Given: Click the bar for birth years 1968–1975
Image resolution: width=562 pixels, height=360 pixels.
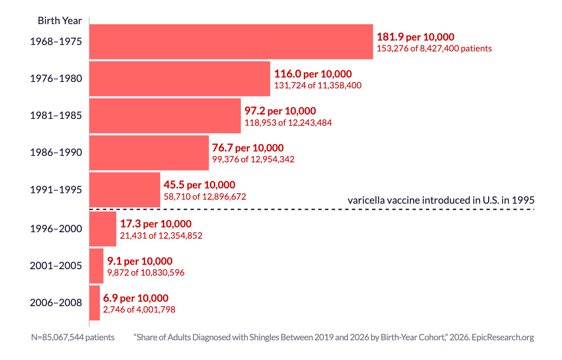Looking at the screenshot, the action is [x=231, y=42].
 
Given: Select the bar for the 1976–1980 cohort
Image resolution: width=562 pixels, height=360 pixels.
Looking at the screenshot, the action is [x=180, y=79].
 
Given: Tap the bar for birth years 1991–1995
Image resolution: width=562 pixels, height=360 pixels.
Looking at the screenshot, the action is [x=125, y=190].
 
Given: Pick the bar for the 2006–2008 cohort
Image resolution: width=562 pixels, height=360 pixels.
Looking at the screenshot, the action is [x=95, y=303].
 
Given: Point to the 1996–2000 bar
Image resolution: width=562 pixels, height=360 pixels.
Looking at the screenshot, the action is [x=103, y=229].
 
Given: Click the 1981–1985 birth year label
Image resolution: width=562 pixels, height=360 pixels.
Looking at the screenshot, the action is [x=56, y=115].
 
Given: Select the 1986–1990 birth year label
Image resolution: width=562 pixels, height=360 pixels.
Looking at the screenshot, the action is [x=56, y=152].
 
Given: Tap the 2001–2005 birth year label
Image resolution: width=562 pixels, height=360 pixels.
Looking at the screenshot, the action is [x=56, y=266].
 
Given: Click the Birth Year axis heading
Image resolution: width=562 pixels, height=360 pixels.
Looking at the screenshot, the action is [x=60, y=20].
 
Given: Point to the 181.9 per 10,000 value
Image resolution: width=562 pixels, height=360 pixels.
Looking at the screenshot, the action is [x=415, y=37].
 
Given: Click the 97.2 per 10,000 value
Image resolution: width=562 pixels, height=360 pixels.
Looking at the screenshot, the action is [x=280, y=111].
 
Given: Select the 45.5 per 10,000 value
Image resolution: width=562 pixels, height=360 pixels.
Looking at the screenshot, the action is [x=200, y=185].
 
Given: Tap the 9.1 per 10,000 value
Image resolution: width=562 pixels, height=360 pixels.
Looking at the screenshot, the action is [x=140, y=261].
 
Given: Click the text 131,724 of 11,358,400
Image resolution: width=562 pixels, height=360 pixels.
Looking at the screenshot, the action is [x=318, y=85].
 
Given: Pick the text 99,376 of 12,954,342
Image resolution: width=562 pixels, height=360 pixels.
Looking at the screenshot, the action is [x=253, y=159].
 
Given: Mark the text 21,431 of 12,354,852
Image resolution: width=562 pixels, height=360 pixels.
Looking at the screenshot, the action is [x=161, y=235].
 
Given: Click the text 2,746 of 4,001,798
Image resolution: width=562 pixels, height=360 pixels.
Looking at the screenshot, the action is [x=139, y=309].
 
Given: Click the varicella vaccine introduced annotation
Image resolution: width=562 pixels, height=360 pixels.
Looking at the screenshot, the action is [x=441, y=200].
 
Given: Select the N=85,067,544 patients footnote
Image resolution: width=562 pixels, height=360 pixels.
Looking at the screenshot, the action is [x=73, y=337].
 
